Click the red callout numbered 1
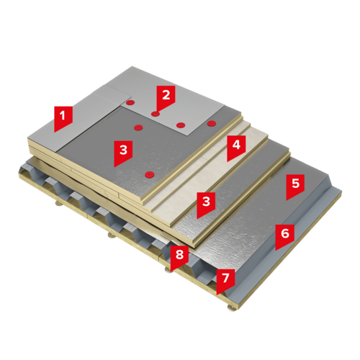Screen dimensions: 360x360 point(63,117)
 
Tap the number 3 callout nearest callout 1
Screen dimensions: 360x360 point(123,152)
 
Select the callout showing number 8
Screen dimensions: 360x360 point(179,256)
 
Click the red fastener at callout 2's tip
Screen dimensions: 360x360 point(156,114)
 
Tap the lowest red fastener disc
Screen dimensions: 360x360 point(150,174)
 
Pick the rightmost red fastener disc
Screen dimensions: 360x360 point(212,123)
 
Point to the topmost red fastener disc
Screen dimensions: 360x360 point(130,103)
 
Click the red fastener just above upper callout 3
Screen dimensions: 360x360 point(138,127)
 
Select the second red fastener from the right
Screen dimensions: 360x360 point(181,125)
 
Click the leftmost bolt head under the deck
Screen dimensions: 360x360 point(58,204)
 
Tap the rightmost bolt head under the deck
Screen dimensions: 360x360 point(230,308)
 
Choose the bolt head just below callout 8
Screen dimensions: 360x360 point(168,269)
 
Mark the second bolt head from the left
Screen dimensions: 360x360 point(111,235)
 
